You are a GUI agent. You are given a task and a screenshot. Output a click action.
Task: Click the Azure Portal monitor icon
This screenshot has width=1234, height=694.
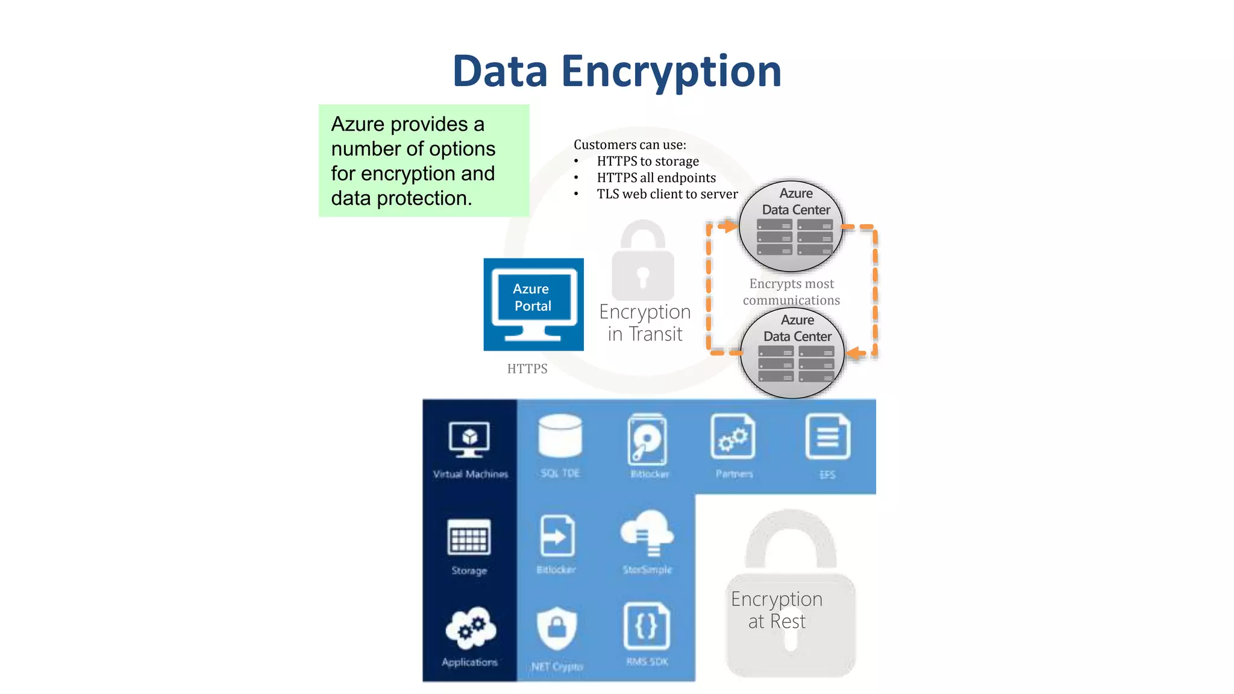point(533,304)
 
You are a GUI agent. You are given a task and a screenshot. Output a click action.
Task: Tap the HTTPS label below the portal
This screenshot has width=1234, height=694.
point(527,369)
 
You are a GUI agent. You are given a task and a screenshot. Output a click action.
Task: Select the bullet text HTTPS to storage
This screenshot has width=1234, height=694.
point(648,161)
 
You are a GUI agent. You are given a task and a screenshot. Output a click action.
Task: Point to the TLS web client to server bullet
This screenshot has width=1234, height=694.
point(667,194)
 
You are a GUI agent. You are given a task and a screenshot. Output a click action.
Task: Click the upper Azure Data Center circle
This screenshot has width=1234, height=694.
point(791,227)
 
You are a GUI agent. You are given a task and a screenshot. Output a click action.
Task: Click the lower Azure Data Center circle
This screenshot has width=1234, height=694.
point(792,354)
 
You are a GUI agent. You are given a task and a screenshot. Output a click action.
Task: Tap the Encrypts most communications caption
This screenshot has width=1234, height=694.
point(791,292)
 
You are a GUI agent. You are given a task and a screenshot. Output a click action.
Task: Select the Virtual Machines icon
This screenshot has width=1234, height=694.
point(469,439)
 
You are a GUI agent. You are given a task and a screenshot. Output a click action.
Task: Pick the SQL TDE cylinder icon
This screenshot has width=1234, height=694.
point(560,436)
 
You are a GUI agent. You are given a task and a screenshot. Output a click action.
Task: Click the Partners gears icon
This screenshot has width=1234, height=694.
point(733,437)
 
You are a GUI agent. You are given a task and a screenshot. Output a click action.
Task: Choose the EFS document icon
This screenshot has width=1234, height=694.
point(827,437)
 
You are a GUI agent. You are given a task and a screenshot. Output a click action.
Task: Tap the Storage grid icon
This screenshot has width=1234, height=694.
point(469,537)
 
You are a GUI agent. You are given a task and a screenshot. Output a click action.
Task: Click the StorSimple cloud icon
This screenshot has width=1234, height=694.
point(647,533)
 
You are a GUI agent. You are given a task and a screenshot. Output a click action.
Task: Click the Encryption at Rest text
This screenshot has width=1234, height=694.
point(777,610)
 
